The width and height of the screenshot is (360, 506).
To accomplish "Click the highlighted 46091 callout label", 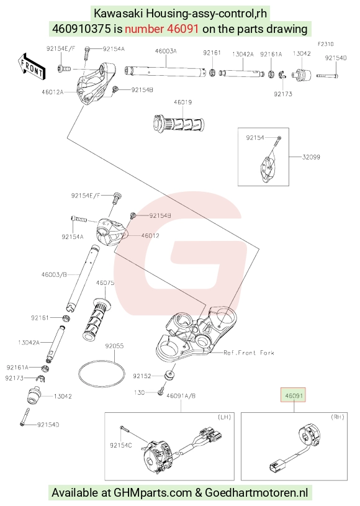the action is click(293, 395).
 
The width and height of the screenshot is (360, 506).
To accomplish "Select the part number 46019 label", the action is click(182, 102).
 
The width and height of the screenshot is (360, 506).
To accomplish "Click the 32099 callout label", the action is click(311, 157).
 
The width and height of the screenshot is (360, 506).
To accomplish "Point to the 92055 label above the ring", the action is click(114, 346).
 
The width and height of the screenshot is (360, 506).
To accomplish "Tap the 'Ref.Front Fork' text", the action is click(249, 353).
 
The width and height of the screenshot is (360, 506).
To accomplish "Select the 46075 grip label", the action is click(105, 283).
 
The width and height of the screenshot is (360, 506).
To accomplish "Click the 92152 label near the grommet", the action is click(142, 376).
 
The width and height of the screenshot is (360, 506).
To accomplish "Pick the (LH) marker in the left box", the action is click(225, 417).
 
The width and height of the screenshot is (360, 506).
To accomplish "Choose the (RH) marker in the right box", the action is click(338, 417).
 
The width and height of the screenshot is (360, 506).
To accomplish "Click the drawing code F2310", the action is click(325, 44).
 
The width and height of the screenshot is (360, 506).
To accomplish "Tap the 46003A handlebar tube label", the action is click(166, 51).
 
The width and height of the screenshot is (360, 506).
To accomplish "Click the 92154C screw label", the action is click(120, 446).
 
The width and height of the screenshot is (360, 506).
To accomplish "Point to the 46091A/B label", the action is click(181, 396).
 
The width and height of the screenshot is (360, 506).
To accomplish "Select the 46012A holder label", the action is click(53, 92).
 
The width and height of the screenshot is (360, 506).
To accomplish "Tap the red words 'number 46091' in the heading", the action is click(161, 29).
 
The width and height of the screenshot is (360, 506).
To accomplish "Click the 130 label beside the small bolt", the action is click(140, 392).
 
